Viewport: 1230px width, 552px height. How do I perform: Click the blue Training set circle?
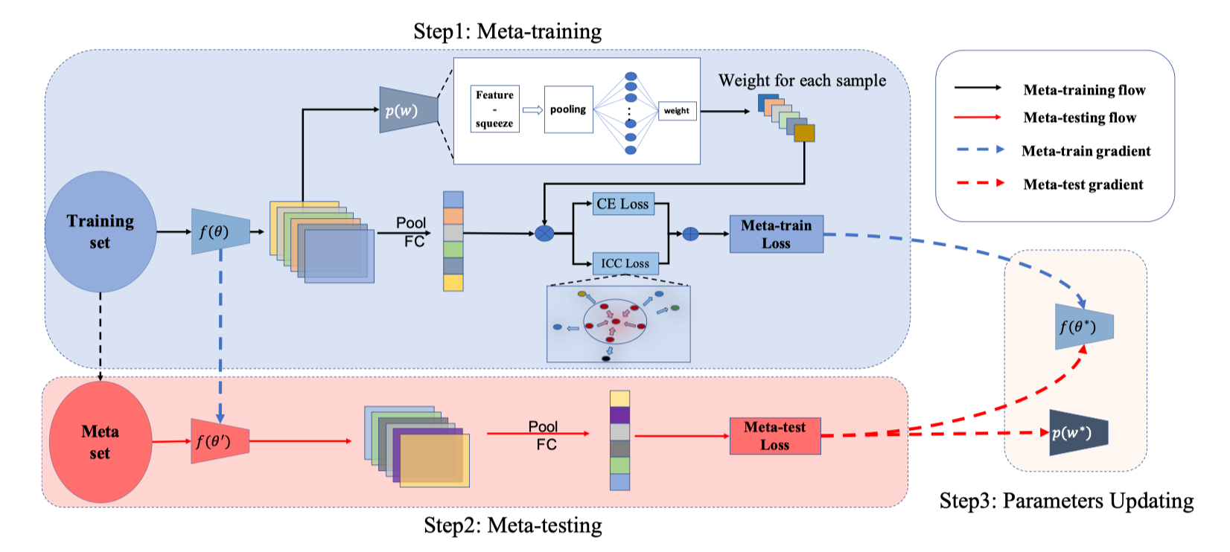pos(101,231)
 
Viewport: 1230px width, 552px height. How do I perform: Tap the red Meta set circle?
pos(101,442)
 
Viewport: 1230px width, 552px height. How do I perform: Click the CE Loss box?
pos(623,204)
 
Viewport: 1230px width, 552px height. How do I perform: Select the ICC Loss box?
pos(625,263)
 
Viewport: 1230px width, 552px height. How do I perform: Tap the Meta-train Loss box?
pos(776,234)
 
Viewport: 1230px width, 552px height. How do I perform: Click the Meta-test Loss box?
pos(774,436)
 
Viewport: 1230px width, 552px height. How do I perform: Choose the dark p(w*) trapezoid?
pos(1078,432)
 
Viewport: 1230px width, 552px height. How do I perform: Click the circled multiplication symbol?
pos(545,234)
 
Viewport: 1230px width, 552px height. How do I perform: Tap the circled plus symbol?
pos(691,234)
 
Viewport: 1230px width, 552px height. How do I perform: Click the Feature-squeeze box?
pos(494,109)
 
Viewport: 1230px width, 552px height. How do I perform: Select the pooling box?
pos(568,109)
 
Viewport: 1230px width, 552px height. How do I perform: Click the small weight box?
pos(677,111)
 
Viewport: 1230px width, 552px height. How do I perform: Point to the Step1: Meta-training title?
pos(507,31)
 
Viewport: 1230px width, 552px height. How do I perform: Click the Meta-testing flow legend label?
pos(1080,118)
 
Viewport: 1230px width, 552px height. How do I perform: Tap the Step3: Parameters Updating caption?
pos(1066,501)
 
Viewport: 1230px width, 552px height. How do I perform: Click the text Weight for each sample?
pos(802,80)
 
